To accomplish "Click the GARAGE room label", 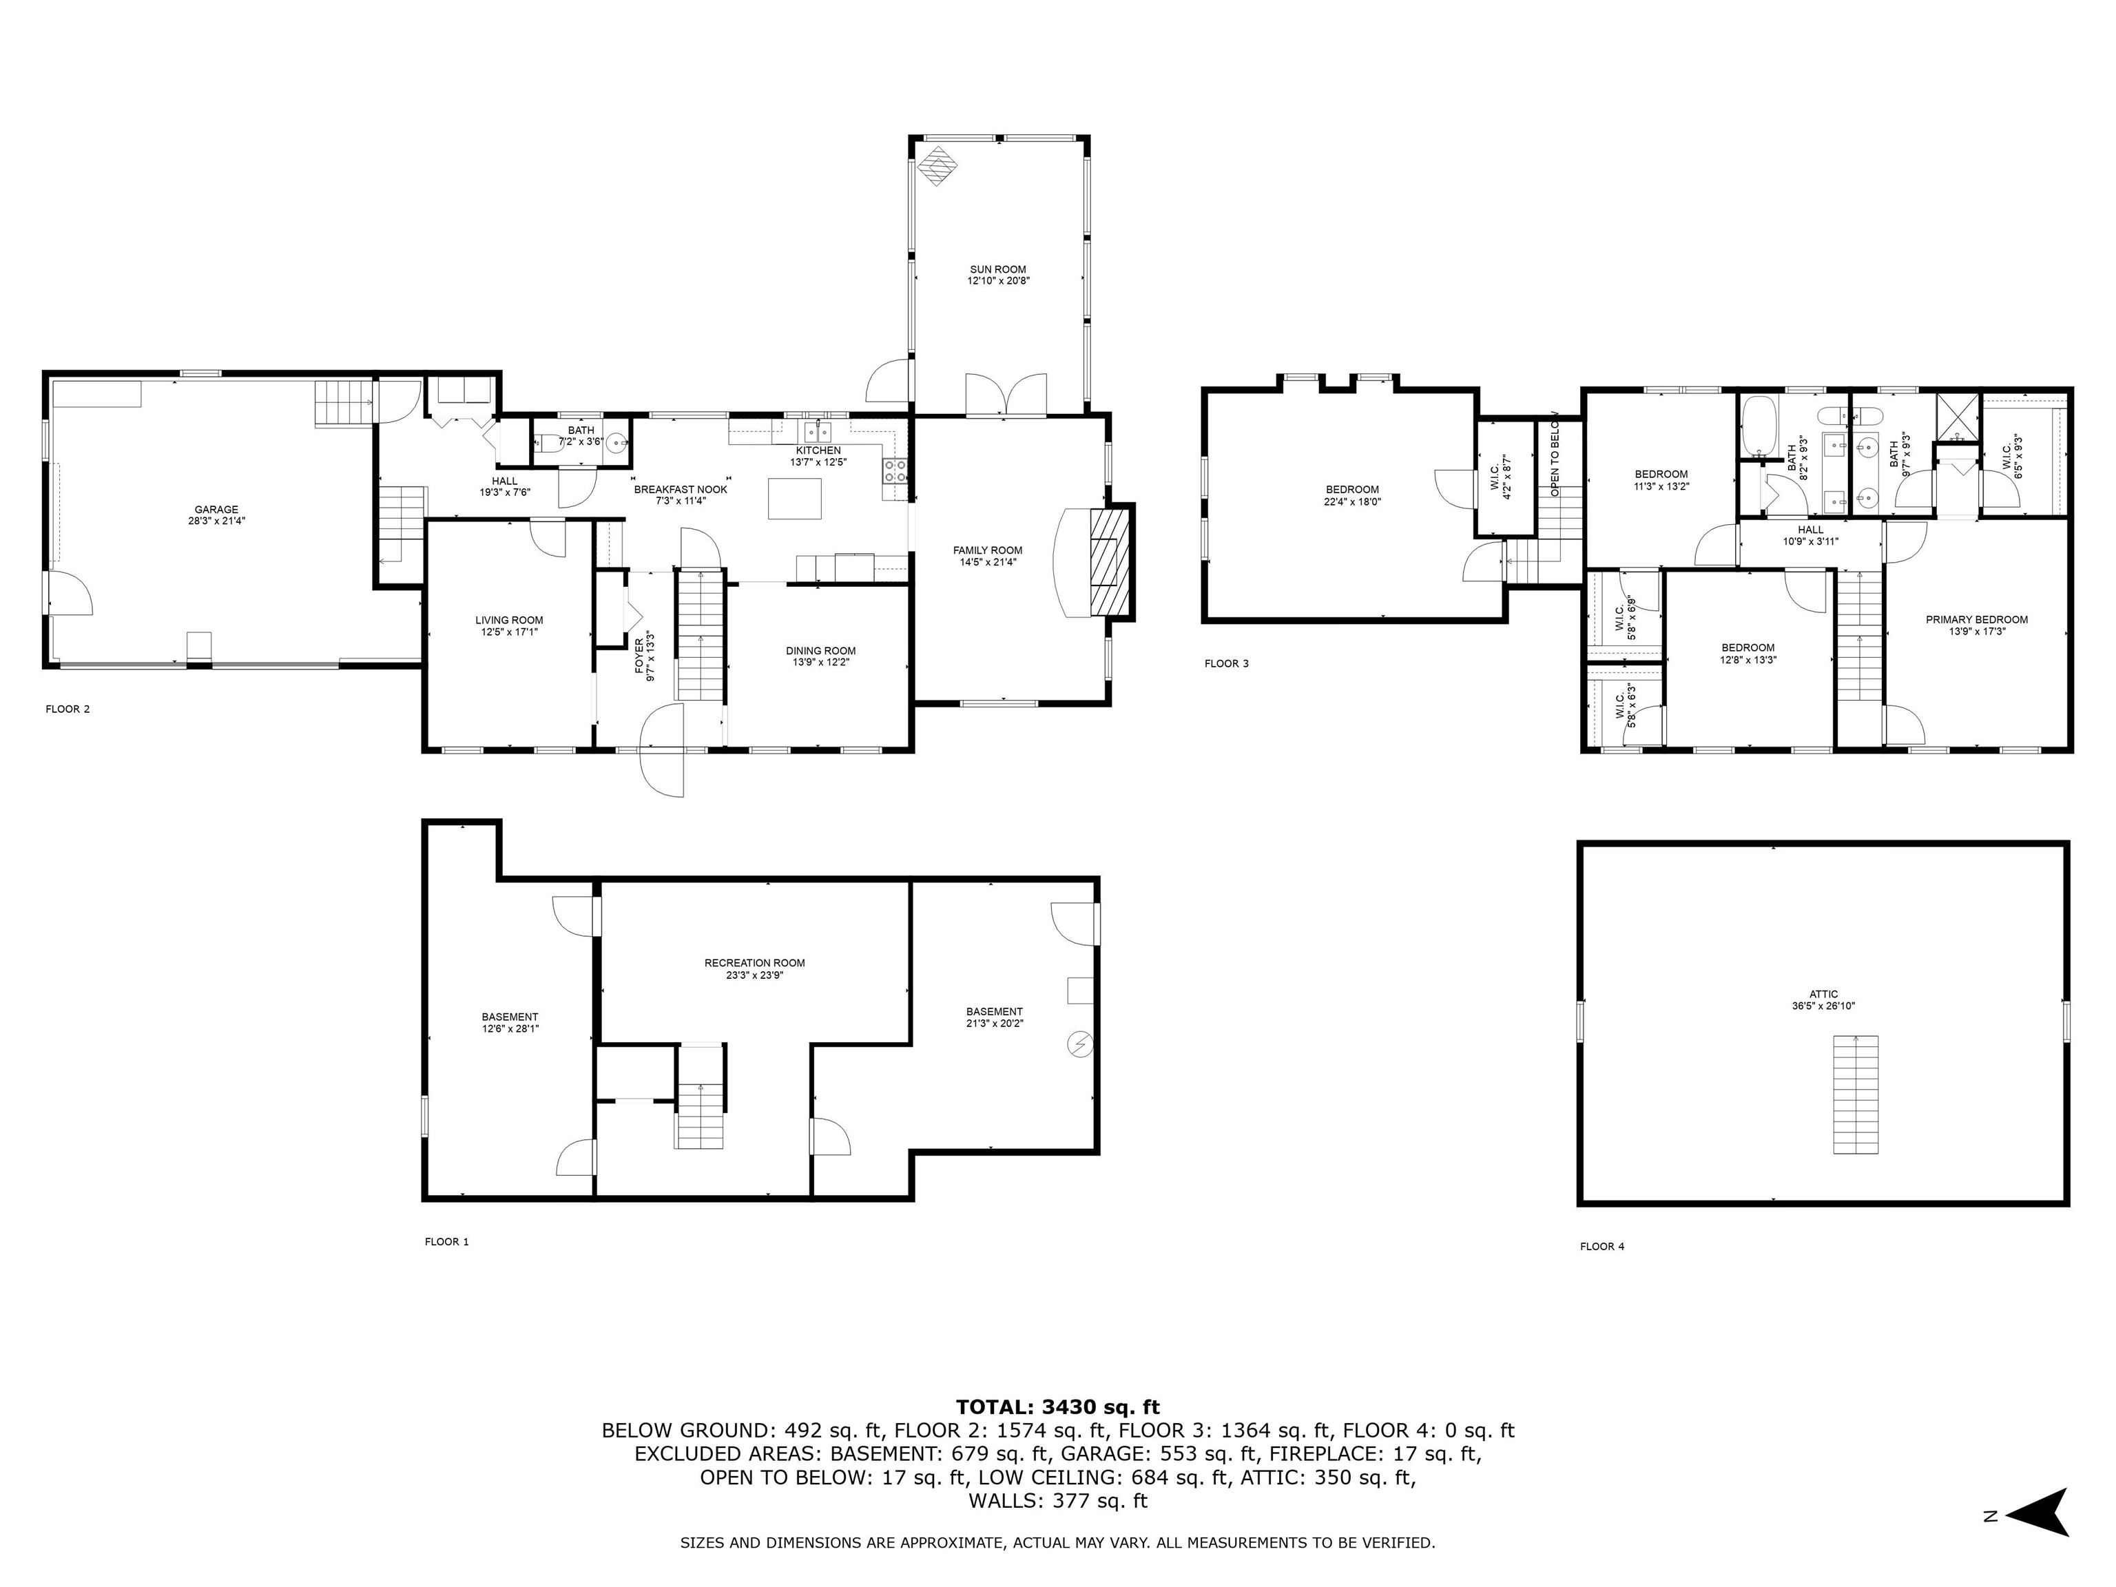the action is coord(216,510).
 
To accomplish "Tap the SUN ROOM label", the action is coord(998,270).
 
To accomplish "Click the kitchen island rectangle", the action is coord(794,499).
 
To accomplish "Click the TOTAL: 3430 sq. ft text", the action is coord(1057,1407).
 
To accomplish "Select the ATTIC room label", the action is coord(1823,994).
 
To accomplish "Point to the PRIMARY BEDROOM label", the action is coord(1976,620).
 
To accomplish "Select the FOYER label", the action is coord(640,655).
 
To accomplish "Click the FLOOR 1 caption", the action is coord(447,1242).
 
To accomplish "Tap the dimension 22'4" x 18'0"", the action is coord(1353,501).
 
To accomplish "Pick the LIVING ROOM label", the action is coord(509,620).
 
